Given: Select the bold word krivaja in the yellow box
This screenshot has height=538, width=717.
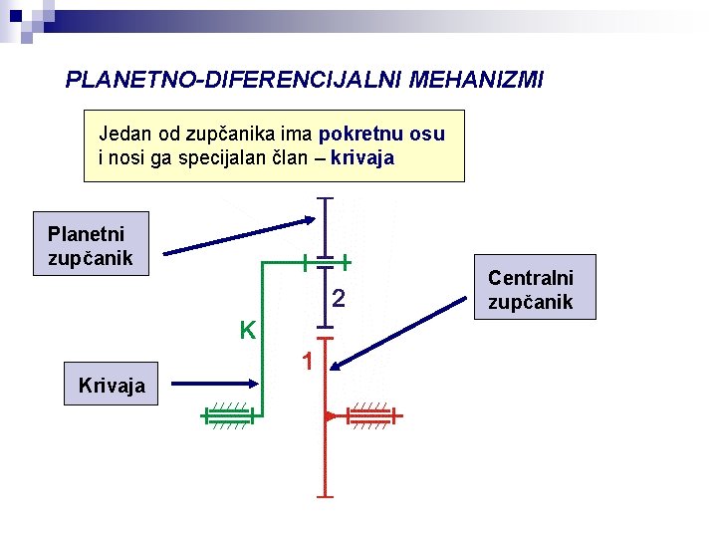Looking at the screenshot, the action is [x=363, y=157].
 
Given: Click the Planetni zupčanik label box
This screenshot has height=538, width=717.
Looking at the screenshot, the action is [x=91, y=243].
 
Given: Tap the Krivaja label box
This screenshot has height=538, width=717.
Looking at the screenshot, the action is [x=112, y=385].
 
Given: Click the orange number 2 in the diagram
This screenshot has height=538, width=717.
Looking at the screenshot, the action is [x=339, y=298].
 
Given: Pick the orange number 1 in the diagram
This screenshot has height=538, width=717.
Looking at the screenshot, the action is [x=310, y=361].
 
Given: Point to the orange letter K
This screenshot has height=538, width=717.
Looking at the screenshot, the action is [x=247, y=330].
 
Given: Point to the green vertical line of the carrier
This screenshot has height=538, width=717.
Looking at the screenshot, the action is [x=262, y=339].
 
